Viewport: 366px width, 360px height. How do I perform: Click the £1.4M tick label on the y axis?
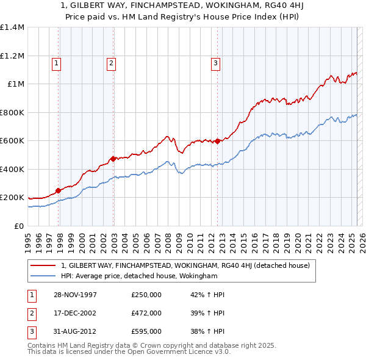tap(12, 27)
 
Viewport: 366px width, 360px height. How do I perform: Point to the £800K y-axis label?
tap(12, 112)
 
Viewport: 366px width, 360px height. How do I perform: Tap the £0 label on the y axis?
tap(18, 226)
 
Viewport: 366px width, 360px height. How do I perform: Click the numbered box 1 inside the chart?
tap(56, 62)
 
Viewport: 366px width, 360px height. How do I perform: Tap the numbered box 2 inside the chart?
tap(111, 62)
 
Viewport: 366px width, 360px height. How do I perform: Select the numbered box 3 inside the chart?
tap(215, 62)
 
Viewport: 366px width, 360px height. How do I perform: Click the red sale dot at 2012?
tap(218, 142)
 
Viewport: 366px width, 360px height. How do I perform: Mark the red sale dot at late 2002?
tap(113, 159)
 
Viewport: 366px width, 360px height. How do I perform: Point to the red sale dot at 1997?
tap(59, 190)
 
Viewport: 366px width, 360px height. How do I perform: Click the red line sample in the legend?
tap(43, 265)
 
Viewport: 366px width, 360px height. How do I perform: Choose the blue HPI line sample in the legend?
tap(43, 276)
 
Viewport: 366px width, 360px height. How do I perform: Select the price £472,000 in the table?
tap(146, 313)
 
